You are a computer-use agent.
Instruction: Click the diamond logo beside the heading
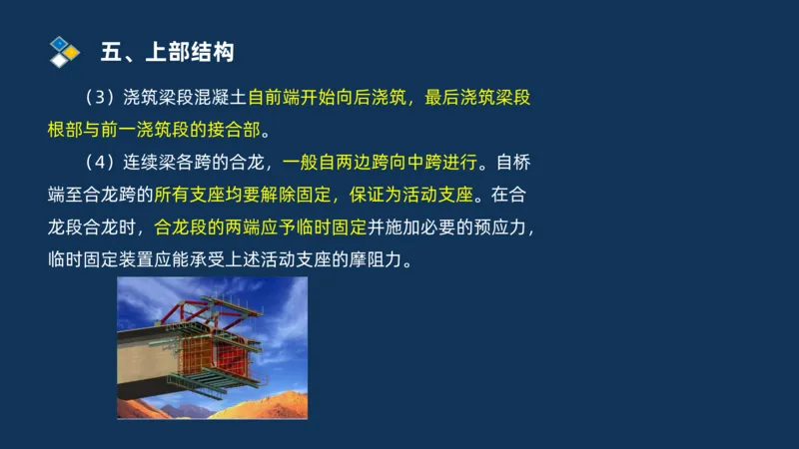click(x=64, y=50)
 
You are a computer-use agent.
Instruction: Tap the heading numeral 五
click(x=111, y=51)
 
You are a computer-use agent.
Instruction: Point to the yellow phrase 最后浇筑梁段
click(x=483, y=98)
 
